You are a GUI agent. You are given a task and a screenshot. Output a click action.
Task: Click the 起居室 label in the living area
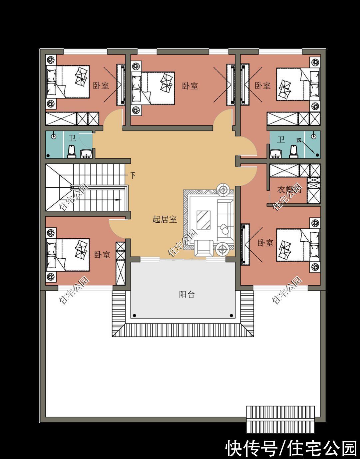(165, 219)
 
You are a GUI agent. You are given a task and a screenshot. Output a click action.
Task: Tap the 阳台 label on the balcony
(186, 294)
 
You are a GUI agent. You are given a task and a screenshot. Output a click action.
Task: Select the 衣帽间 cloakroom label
(289, 190)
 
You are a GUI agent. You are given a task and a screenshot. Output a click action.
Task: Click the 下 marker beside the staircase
(133, 175)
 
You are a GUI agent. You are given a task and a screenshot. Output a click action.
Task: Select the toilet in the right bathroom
(293, 151)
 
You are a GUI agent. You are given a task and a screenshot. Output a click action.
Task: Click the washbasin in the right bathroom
(276, 153)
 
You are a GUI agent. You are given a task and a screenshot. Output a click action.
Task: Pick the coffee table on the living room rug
(203, 220)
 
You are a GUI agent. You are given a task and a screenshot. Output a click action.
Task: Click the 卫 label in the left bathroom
(72, 138)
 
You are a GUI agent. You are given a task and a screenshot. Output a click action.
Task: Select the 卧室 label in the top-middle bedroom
(190, 86)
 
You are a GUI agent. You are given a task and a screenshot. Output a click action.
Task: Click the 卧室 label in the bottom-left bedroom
(102, 255)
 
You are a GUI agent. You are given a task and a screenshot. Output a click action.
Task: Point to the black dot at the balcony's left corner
(134, 315)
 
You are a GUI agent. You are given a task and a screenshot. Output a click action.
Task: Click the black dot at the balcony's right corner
(230, 315)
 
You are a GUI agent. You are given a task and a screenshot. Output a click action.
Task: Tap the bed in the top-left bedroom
(68, 82)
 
